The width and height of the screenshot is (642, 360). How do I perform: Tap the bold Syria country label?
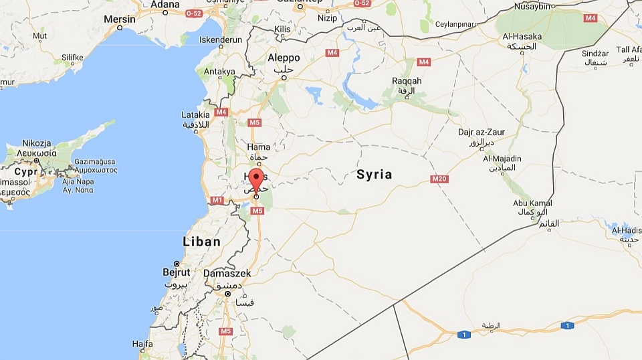tap(374, 175)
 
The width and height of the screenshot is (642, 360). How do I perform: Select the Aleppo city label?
tap(284, 58)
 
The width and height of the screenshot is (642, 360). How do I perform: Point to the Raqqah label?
tap(407, 81)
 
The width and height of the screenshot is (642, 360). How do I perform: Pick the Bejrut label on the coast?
tap(177, 272)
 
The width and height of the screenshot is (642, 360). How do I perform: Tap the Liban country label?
tap(202, 242)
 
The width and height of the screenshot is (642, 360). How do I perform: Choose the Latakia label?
tap(195, 115)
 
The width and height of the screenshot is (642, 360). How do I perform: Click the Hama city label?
tap(259, 147)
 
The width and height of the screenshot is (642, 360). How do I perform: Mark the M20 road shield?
tap(439, 179)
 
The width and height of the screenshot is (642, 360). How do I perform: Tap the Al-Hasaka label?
tap(522, 37)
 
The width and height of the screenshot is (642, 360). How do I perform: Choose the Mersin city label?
tap(119, 19)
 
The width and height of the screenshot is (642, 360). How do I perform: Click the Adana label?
tap(165, 5)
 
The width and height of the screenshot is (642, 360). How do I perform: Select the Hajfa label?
tap(142, 344)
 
